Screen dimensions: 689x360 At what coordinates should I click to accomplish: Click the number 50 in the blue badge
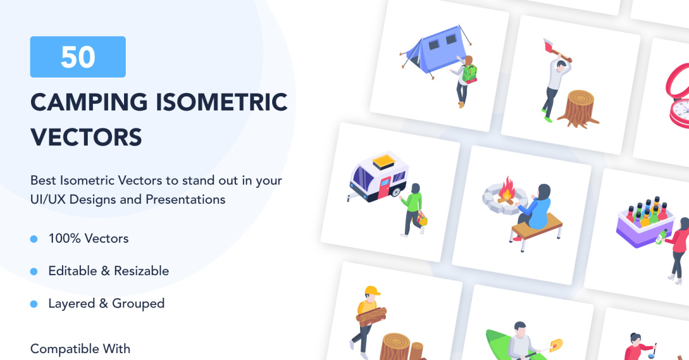pos(78,57)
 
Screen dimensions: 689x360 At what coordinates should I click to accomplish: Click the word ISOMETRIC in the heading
pos(222,102)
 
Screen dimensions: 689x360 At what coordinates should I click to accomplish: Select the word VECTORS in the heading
pos(86,137)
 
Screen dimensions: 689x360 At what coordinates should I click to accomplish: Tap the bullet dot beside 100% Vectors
pos(34,239)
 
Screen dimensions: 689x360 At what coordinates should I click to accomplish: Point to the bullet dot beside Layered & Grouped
pos(34,304)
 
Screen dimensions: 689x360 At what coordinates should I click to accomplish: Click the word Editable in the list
pos(72,271)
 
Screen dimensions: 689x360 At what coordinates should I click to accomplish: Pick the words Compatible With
pos(80,349)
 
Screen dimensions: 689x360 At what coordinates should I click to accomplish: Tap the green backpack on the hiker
pos(469,74)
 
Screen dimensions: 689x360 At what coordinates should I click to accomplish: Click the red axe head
pos(548,46)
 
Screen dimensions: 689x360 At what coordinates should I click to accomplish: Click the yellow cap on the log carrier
pos(372,291)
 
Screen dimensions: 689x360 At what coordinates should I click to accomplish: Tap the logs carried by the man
pos(371,317)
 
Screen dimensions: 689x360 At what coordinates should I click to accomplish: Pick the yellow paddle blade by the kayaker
pos(556,344)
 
